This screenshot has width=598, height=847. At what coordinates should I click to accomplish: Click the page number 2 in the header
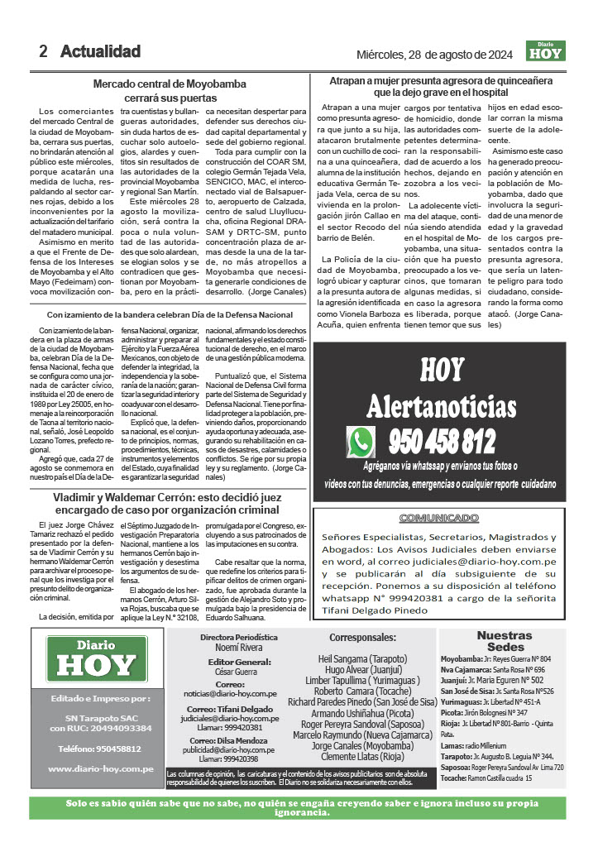43,51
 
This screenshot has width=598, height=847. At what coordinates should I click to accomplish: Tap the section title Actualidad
100,51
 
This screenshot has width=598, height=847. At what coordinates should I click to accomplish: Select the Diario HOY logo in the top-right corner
545,51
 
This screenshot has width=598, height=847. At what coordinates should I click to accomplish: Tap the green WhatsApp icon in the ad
361,442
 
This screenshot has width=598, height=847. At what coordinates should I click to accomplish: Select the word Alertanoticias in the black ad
447,406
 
